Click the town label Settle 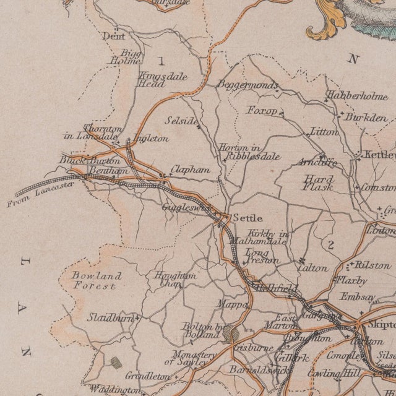247,218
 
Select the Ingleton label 150,139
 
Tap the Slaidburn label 110,317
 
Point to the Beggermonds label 244,85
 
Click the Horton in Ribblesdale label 249,152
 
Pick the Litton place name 325,132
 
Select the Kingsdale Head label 152,80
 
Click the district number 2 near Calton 331,246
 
